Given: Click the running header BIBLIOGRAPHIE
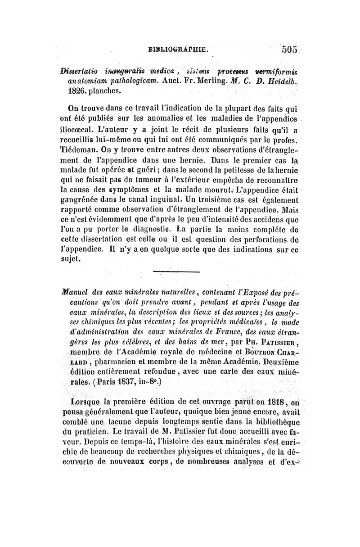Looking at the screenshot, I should click(x=177, y=50).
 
